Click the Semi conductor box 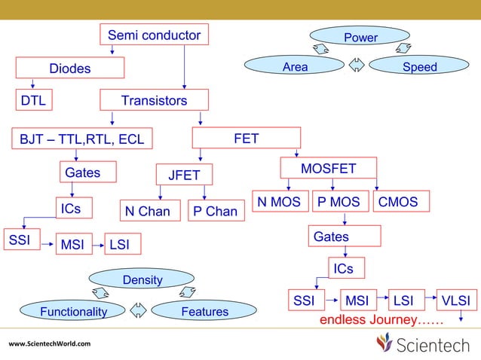(155, 35)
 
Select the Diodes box (70, 69)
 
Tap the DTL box (32, 100)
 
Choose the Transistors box (155, 100)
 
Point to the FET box (247, 138)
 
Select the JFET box (185, 175)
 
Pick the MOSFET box (328, 169)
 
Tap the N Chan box (148, 212)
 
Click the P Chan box (215, 212)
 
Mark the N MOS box (279, 202)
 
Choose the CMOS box (403, 202)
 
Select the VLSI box (456, 301)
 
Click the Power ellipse (360, 37)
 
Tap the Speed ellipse (420, 67)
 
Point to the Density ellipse (142, 280)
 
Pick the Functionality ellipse (73, 311)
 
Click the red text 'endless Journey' (381, 321)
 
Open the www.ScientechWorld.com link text (49, 344)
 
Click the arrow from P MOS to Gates (345, 219)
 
